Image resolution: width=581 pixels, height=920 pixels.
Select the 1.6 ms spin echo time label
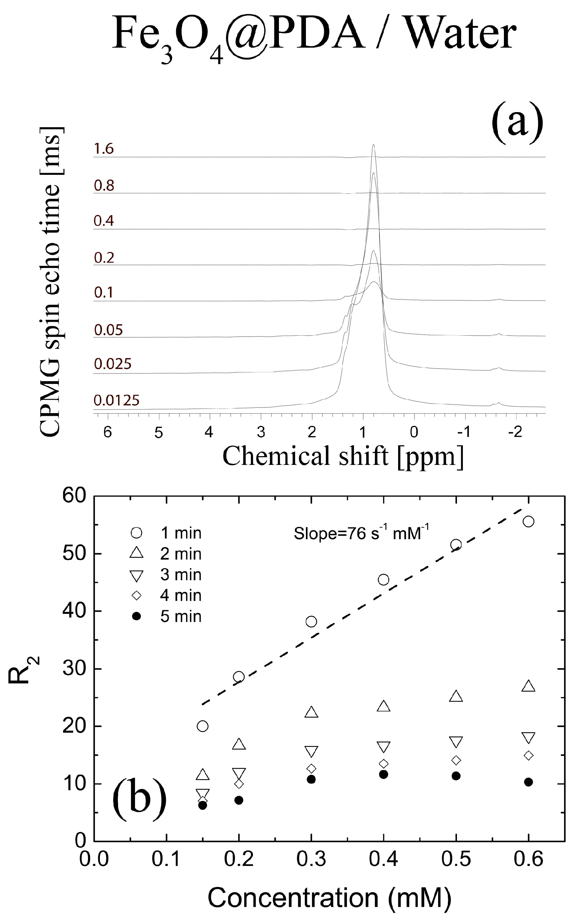tap(104, 149)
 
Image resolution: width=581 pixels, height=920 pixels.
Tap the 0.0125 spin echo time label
tap(117, 400)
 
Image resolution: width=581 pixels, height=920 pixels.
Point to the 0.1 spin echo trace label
tap(104, 293)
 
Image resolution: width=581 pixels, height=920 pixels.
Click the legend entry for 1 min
tap(180, 533)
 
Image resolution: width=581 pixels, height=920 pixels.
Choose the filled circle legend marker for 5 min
tap(136, 616)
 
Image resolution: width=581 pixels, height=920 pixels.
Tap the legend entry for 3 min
tap(180, 575)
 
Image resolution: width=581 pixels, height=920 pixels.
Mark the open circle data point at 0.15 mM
tap(202, 726)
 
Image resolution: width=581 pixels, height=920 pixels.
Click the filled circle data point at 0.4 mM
tap(383, 775)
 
